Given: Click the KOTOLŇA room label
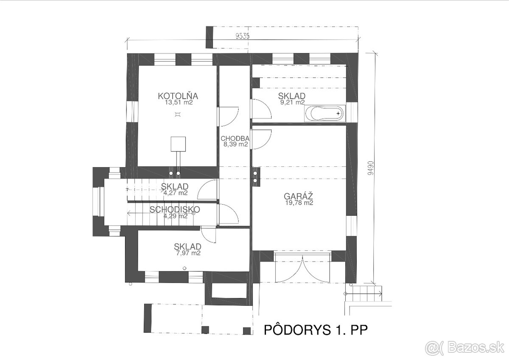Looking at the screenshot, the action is (x=178, y=96).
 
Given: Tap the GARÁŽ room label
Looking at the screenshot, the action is (x=299, y=196).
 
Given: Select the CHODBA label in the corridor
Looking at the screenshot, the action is (x=235, y=138).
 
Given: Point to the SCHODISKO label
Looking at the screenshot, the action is (x=175, y=209).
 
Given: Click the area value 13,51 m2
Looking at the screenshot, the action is (x=179, y=102).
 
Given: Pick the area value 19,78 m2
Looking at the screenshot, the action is (x=299, y=202).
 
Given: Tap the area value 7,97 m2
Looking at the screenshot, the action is (x=188, y=253).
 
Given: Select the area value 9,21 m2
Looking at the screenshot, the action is (x=292, y=102).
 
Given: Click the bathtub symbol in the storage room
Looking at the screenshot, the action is (x=325, y=113).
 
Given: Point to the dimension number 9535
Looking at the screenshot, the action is (x=243, y=36).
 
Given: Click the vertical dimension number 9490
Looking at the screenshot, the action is (x=370, y=168).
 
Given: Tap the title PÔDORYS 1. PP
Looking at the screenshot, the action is (x=316, y=330).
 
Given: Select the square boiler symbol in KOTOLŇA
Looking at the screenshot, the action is (x=178, y=144).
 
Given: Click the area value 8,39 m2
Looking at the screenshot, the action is (x=236, y=144).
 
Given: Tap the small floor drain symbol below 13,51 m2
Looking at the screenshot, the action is (x=178, y=114).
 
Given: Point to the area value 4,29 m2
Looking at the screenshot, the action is (x=176, y=216).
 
